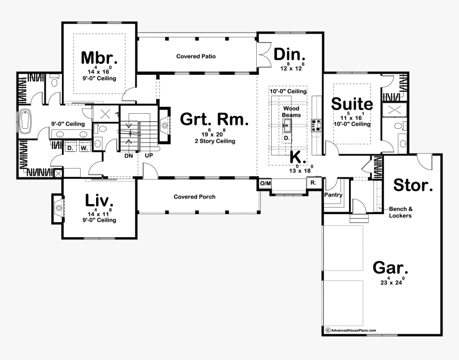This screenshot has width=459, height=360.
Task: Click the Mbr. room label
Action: point(99,58)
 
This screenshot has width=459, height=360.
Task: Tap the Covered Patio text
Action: point(196,56)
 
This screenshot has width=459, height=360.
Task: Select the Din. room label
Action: point(290,54)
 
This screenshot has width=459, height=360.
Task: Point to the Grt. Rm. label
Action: point(214,120)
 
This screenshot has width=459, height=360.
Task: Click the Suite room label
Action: point(352,103)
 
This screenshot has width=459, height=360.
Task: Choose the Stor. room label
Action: point(413,185)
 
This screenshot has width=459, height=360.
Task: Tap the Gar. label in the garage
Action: point(390,268)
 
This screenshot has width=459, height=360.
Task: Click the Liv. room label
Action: point(100,201)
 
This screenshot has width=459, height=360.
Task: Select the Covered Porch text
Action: point(195,197)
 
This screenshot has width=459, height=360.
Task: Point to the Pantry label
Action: point(333,195)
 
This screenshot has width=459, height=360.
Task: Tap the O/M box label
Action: point(265,183)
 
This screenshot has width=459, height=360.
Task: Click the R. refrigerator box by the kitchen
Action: point(313,183)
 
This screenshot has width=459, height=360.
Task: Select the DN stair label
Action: point(128,156)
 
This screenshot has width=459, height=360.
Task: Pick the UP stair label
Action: point(149,156)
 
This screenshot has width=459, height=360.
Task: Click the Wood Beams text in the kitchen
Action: point(291,111)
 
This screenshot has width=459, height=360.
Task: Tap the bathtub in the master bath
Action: point(26,122)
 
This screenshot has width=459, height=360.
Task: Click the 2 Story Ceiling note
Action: point(214,142)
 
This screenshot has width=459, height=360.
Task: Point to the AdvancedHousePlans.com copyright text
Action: point(353,331)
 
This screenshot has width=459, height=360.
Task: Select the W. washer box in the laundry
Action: point(83,148)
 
